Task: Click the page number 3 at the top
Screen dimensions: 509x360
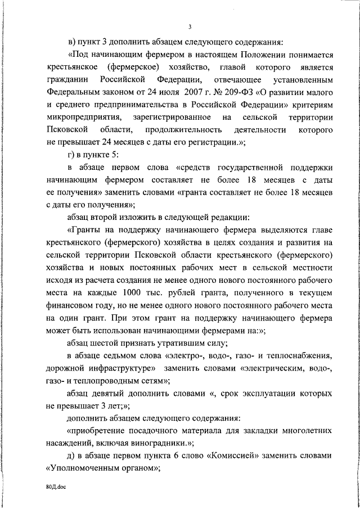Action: click(x=190, y=26)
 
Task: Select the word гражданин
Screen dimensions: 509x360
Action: click(x=64, y=79)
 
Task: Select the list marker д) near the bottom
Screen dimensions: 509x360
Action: click(x=71, y=455)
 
